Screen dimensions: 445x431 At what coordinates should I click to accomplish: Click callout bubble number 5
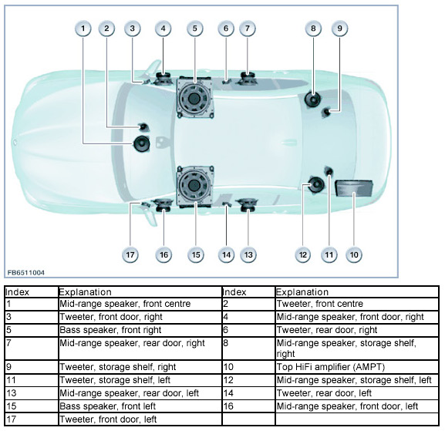[x=194, y=29]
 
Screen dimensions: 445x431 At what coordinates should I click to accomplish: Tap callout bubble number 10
[x=354, y=254]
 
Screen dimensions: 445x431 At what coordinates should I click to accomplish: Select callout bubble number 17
[x=130, y=254]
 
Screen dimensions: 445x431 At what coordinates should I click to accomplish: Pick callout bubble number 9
[x=339, y=29]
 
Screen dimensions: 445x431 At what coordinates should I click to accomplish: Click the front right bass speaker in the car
[x=194, y=98]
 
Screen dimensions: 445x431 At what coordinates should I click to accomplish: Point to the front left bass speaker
[x=194, y=186]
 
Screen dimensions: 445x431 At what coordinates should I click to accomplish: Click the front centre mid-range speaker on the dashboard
[x=142, y=144]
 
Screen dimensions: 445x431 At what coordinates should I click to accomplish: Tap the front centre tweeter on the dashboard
[x=143, y=126]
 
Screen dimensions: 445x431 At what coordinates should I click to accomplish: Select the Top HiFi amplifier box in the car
[x=354, y=188]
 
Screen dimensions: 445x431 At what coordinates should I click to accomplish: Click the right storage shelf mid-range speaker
[x=313, y=99]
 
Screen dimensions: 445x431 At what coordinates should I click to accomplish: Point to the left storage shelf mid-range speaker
[x=316, y=185]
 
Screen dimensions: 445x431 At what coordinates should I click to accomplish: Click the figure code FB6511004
[x=25, y=273]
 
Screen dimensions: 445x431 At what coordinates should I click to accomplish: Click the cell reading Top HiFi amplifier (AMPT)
[x=357, y=367]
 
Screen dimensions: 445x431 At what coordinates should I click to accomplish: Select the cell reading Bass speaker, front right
[x=140, y=330]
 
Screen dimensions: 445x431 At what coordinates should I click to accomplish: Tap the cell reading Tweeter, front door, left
[x=140, y=419]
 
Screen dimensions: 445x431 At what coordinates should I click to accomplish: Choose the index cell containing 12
[x=248, y=380]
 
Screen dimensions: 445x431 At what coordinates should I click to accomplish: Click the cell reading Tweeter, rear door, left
[x=357, y=393]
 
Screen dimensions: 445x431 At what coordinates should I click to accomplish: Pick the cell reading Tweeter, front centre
[x=357, y=304]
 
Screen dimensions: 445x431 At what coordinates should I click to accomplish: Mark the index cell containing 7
[x=32, y=349]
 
